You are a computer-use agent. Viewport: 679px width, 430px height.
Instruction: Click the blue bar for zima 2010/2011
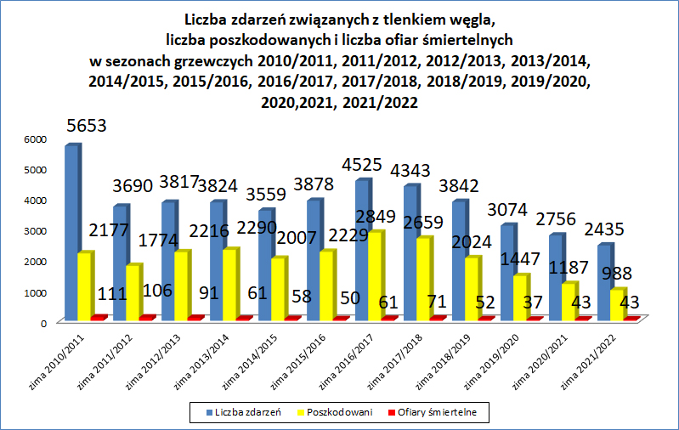coord(71,234)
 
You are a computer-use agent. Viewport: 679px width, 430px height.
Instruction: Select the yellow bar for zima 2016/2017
coord(375,276)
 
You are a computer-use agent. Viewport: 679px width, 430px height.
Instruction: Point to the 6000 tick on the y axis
coord(33,139)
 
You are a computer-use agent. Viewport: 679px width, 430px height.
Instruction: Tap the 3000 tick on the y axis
coord(33,231)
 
